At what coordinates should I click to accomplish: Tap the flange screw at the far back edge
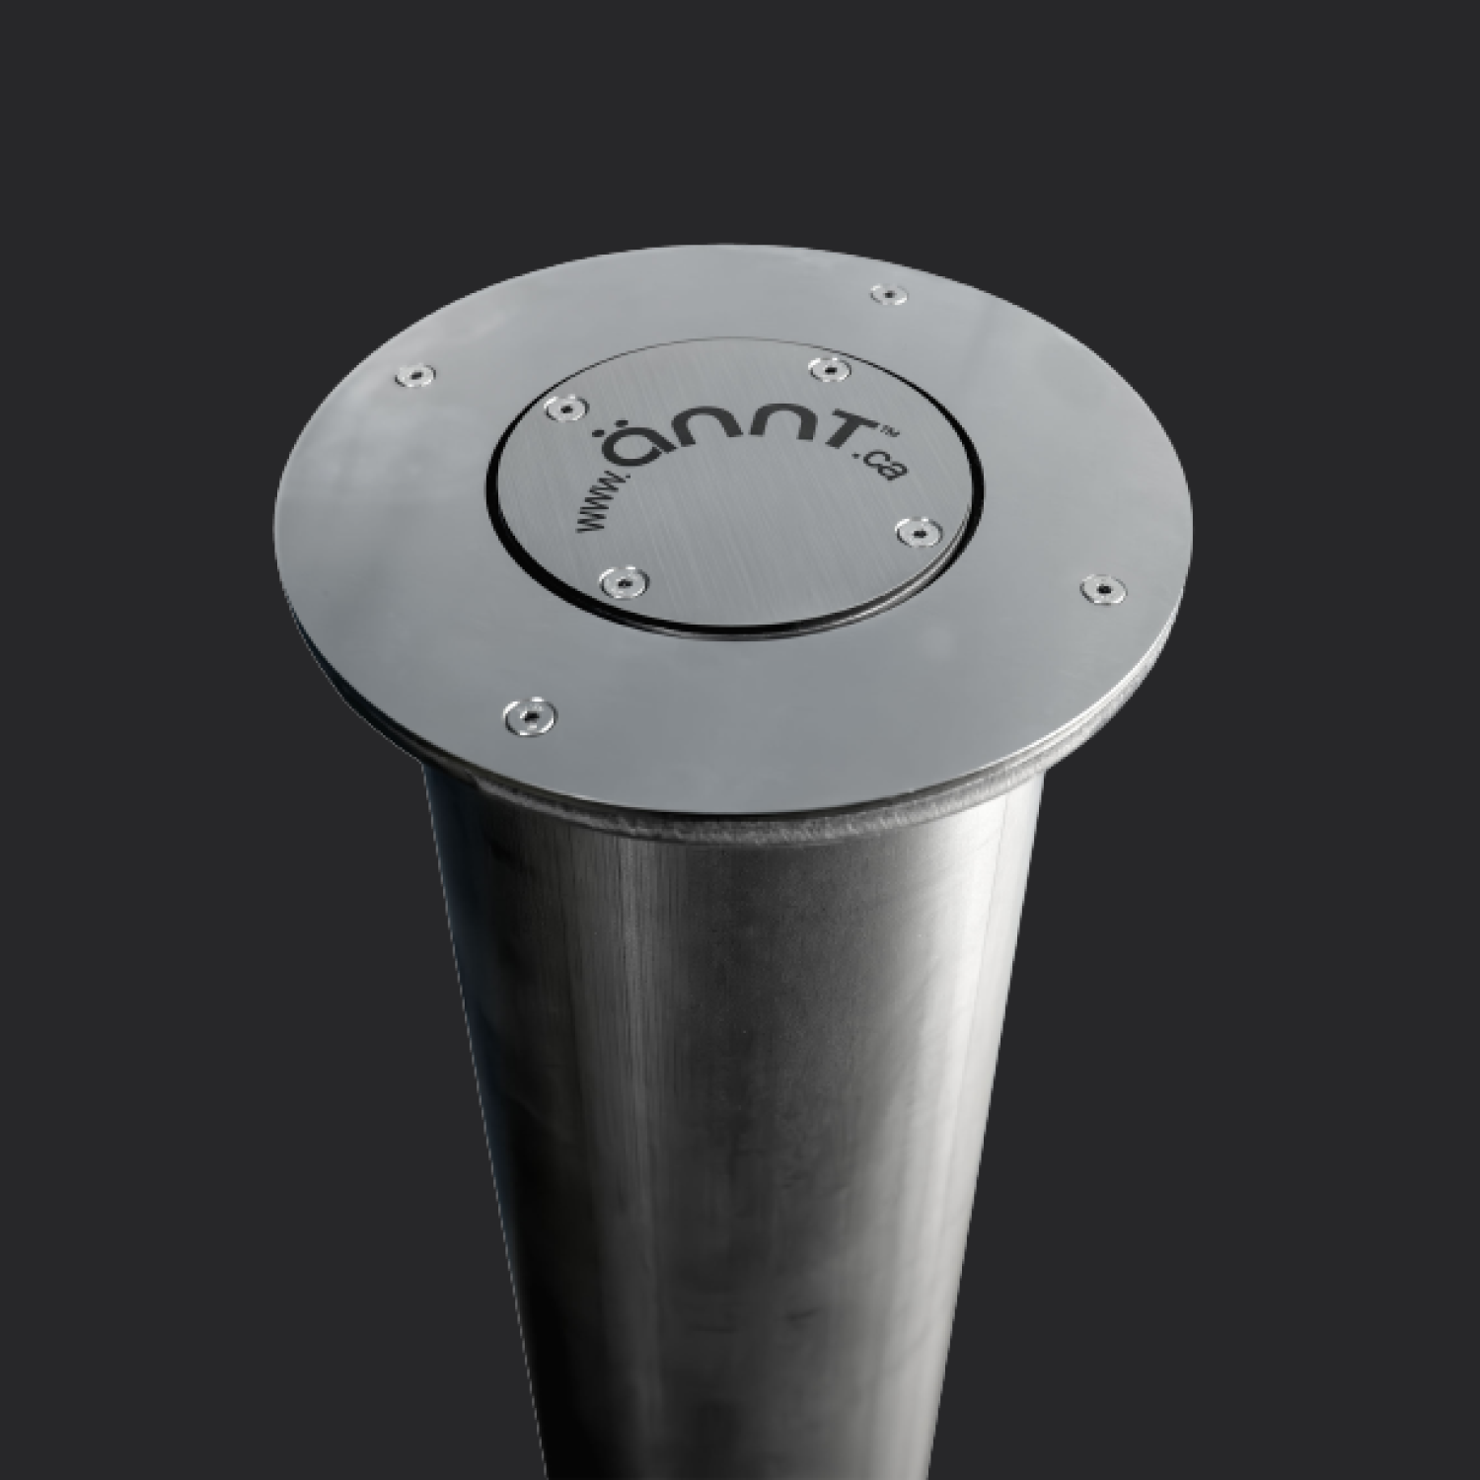[x=889, y=294]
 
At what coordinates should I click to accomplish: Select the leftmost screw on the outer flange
[x=412, y=375]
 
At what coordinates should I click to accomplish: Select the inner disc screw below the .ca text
[x=918, y=532]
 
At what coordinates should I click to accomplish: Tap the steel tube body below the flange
[x=740, y=1085]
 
